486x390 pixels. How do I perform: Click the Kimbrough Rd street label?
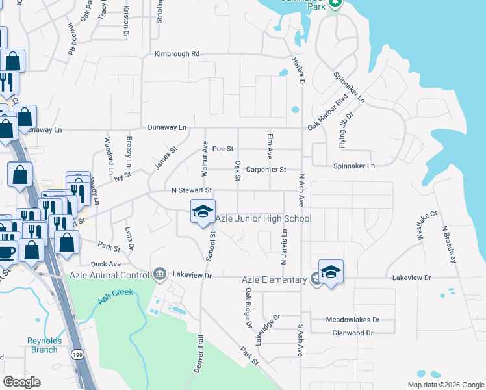click(177, 54)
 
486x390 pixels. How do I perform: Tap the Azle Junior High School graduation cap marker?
click(202, 211)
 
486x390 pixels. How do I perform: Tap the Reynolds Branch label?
click(44, 344)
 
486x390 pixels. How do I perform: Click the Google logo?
click(21, 382)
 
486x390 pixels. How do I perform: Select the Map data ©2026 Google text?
click(445, 385)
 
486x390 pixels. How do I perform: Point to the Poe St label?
click(222, 149)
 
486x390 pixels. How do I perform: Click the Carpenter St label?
click(266, 170)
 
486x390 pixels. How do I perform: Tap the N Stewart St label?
click(192, 190)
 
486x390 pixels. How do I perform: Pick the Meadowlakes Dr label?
click(352, 320)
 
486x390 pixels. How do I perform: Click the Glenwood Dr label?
click(352, 333)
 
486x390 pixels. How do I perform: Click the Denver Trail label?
click(199, 354)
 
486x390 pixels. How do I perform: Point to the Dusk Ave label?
click(106, 264)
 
